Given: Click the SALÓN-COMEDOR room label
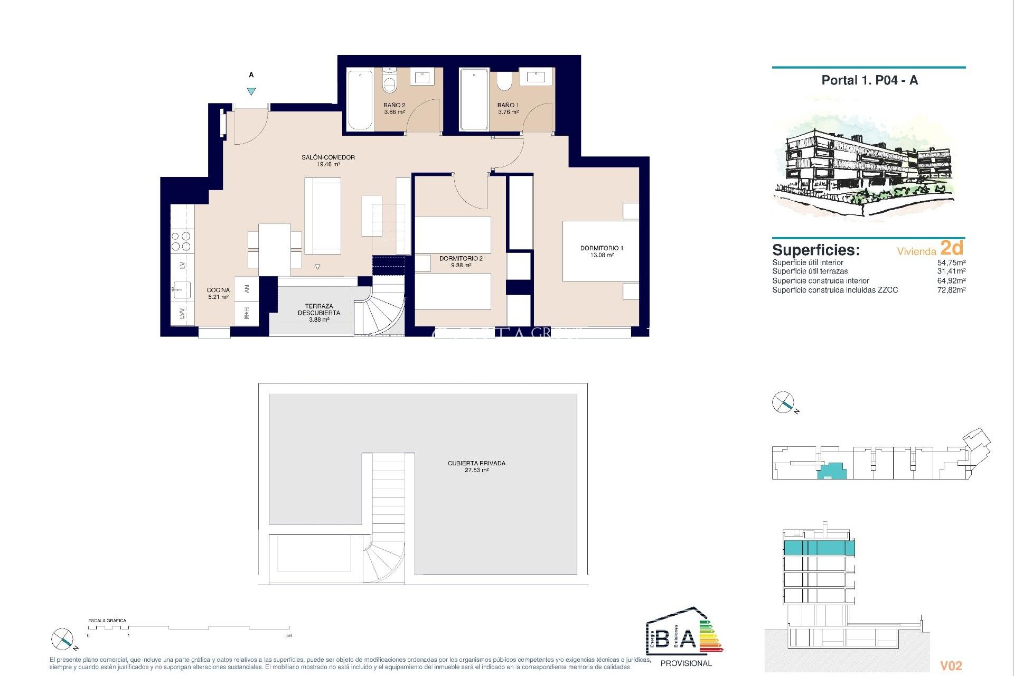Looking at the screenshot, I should click(328, 157).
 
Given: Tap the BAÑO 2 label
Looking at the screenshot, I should click(394, 105).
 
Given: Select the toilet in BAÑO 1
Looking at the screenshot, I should click(504, 81).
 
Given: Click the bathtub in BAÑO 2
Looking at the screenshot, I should click(360, 100).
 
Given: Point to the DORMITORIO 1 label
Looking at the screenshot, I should click(602, 248).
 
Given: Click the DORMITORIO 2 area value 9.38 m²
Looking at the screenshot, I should click(461, 266).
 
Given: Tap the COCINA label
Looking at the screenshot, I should click(218, 290).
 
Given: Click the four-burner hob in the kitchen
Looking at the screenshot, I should click(181, 241).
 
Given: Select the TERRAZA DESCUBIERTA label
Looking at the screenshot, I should click(319, 309).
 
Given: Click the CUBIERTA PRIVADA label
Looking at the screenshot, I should click(476, 463).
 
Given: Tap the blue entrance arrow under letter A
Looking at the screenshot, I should click(251, 91).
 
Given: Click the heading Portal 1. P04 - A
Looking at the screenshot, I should click(869, 80).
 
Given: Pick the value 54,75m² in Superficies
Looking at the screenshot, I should click(951, 262).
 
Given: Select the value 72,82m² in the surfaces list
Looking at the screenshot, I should click(951, 290).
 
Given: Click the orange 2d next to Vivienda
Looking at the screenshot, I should click(952, 248).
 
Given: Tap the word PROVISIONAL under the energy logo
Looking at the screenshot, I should click(686, 663).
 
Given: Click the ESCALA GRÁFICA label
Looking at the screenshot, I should click(107, 621).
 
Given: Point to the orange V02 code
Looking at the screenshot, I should click(951, 666).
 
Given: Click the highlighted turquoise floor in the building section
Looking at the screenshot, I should click(819, 548).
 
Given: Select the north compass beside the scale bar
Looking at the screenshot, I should click(62, 640).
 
